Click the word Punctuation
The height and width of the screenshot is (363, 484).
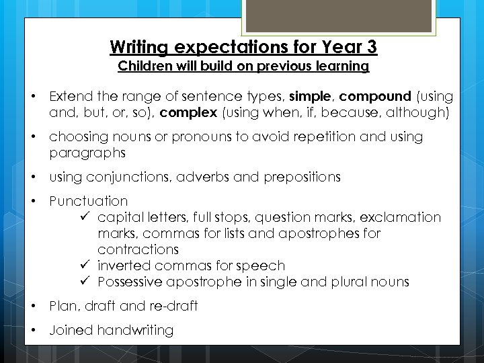coord(88,201)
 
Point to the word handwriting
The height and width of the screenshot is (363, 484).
coord(135,330)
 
